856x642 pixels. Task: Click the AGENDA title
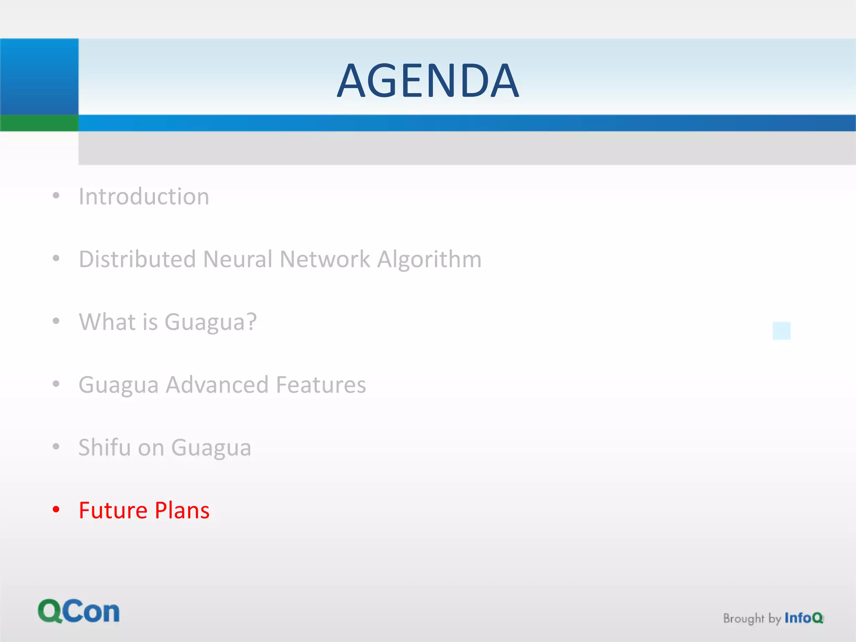428,80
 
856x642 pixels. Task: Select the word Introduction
144,196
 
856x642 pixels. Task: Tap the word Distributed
137,259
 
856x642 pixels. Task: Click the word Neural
237,259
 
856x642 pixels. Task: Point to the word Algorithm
429,259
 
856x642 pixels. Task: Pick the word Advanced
217,385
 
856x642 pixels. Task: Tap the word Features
321,385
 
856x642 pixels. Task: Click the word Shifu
104,447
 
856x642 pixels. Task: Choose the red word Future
113,510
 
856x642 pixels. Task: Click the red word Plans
182,510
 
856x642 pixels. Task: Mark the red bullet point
56,510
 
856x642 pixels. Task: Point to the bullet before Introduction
56,196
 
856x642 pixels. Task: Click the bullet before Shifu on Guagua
56,447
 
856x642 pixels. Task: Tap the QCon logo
79,611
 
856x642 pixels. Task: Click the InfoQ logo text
803,618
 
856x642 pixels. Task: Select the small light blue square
782,331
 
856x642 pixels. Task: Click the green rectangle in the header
39,123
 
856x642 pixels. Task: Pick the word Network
325,259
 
